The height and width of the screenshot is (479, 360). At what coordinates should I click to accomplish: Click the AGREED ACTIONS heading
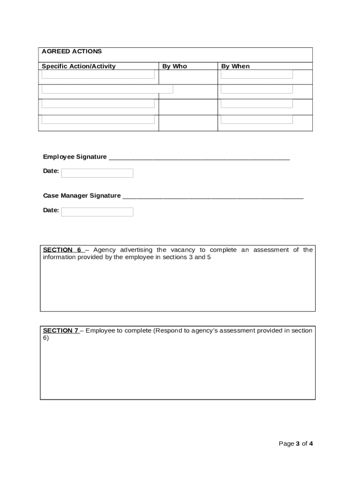click(72, 51)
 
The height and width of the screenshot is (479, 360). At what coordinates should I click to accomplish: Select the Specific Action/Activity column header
click(79, 66)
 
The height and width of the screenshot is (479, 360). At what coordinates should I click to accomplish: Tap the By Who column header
click(174, 66)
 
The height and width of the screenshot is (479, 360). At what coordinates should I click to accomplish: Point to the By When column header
click(235, 66)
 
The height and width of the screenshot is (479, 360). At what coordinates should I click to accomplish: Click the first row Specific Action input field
click(98, 74)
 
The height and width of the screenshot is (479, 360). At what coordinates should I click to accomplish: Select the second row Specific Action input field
click(107, 89)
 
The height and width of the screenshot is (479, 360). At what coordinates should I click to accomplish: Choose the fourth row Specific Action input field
click(98, 119)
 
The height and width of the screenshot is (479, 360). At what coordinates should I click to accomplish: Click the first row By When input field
click(257, 74)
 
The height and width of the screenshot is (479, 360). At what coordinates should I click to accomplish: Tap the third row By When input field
click(257, 103)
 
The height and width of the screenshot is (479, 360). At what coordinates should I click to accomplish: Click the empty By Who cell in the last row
click(188, 123)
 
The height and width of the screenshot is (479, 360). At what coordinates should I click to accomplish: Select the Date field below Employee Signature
click(97, 173)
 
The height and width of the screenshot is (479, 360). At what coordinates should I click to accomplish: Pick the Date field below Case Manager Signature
click(97, 212)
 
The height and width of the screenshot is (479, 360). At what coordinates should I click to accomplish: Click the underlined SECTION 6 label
click(63, 250)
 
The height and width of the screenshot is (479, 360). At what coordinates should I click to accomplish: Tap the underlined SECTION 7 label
click(61, 331)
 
